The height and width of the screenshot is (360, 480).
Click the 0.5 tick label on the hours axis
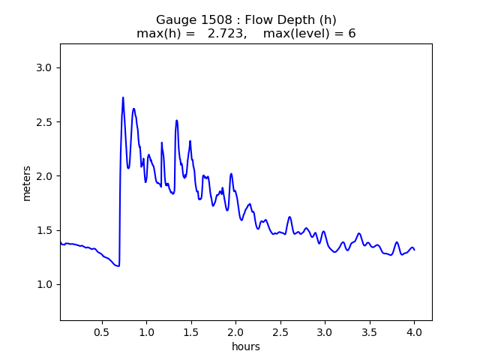(x=102, y=331)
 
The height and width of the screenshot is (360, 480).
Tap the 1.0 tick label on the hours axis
(x=146, y=331)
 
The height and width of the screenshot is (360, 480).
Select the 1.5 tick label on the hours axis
(x=191, y=331)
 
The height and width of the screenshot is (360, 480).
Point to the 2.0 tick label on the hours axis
(x=235, y=331)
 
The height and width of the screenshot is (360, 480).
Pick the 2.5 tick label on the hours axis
(x=280, y=331)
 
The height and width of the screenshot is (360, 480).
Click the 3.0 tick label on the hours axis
(x=325, y=331)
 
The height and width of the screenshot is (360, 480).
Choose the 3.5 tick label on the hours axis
(x=370, y=331)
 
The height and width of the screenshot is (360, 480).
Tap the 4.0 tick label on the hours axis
(x=414, y=331)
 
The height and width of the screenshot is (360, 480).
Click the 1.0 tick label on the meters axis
(x=46, y=284)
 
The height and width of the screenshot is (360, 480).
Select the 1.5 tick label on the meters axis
(x=46, y=230)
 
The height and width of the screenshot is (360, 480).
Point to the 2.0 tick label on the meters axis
(x=46, y=176)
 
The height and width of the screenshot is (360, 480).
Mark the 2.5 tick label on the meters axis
(x=46, y=122)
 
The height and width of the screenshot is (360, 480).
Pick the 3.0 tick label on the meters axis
(x=46, y=68)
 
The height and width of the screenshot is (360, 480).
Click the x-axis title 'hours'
(x=246, y=346)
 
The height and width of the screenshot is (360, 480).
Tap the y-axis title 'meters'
(x=27, y=182)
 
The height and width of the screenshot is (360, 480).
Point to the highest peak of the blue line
(x=123, y=97)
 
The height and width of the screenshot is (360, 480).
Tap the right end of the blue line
(x=414, y=249)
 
